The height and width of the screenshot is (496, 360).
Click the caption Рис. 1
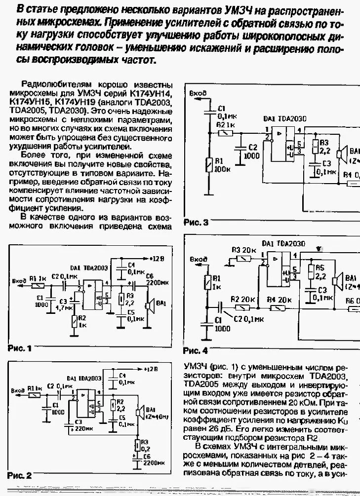click(20, 348)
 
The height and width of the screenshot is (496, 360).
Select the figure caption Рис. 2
click(20, 476)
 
